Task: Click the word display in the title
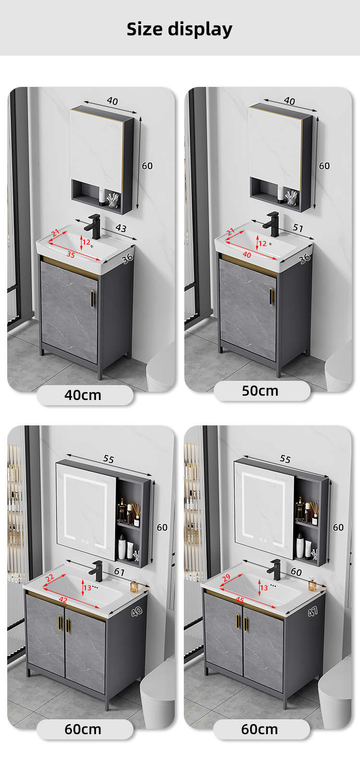[201, 30]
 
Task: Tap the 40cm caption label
[83, 395]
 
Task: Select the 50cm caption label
[260, 391]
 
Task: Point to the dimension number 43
[120, 228]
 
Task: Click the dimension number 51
[298, 228]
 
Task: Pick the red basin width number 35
[71, 254]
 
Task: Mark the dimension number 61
[119, 572]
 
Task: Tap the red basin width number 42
[63, 600]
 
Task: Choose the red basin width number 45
[240, 600]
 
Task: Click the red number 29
[226, 578]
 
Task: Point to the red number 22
[49, 578]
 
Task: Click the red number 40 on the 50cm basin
[247, 254]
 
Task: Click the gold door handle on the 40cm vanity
[93, 299]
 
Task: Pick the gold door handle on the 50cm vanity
[271, 296]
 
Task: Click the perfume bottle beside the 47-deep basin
[312, 584]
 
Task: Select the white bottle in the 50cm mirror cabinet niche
[280, 194]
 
